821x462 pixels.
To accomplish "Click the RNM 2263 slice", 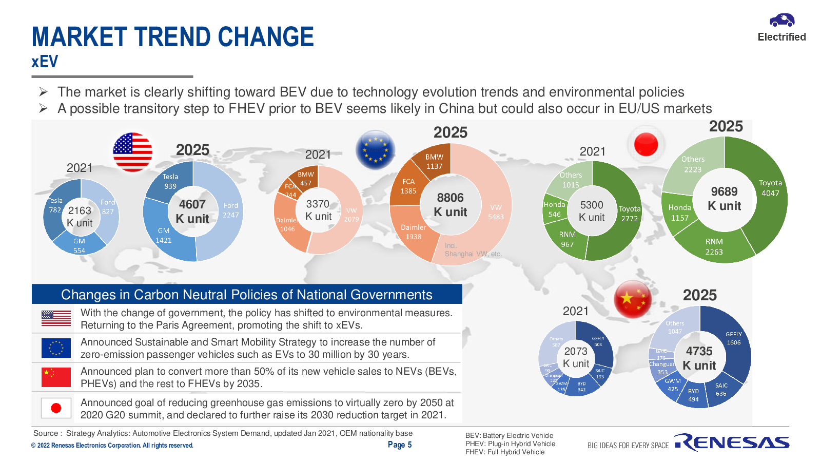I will pyautogui.click(x=713, y=246).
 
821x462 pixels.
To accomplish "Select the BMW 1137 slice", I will pyautogui.click(x=434, y=161).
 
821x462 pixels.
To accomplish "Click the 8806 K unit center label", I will pyautogui.click(x=450, y=205).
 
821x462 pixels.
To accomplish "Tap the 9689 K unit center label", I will pyautogui.click(x=724, y=199).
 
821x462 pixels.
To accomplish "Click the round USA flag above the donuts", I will pyautogui.click(x=132, y=151).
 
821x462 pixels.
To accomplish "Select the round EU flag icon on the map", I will pyautogui.click(x=375, y=149).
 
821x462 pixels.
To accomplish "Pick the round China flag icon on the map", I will pyautogui.click(x=632, y=299).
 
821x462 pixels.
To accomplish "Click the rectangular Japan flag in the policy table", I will pyautogui.click(x=56, y=408).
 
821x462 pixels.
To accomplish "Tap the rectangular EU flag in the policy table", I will pyautogui.click(x=56, y=348).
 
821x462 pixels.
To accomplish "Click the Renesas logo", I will pyautogui.click(x=732, y=442).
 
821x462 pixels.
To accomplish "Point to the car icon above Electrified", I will pyautogui.click(x=781, y=21).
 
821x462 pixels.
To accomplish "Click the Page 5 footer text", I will pyautogui.click(x=399, y=445).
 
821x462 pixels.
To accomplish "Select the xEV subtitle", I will pyautogui.click(x=45, y=62).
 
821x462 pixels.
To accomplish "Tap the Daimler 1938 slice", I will pyautogui.click(x=414, y=232).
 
